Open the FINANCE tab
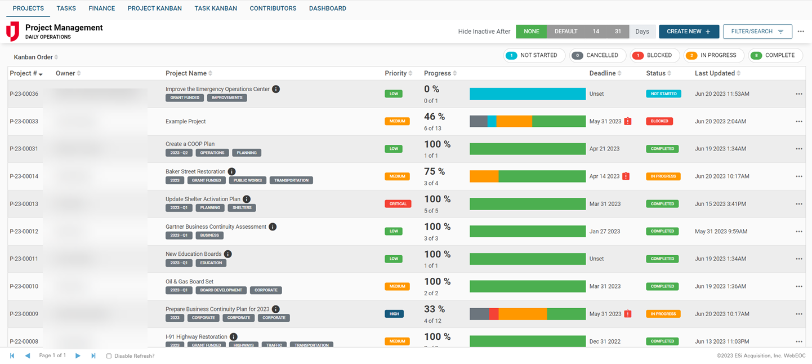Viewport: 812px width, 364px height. pyautogui.click(x=101, y=8)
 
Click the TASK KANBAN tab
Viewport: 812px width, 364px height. pyautogui.click(x=216, y=8)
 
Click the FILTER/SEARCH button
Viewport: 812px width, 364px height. pyautogui.click(x=757, y=32)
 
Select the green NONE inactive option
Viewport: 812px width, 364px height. pyautogui.click(x=531, y=32)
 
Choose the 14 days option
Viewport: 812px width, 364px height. pyautogui.click(x=596, y=32)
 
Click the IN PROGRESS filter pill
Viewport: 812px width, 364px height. pyautogui.click(x=713, y=55)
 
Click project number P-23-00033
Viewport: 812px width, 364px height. pyautogui.click(x=24, y=121)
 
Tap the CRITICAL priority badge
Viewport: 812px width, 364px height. pyautogui.click(x=398, y=204)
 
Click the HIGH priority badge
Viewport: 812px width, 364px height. pyautogui.click(x=394, y=314)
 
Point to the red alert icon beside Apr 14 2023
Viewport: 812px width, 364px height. pyautogui.click(x=626, y=176)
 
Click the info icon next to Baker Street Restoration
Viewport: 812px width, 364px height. pyautogui.click(x=231, y=172)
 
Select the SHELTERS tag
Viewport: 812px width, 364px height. pyautogui.click(x=242, y=208)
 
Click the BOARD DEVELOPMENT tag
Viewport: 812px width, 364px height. pyautogui.click(x=220, y=290)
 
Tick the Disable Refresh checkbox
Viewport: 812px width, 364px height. pyautogui.click(x=109, y=356)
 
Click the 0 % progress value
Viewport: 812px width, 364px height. pyautogui.click(x=431, y=89)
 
